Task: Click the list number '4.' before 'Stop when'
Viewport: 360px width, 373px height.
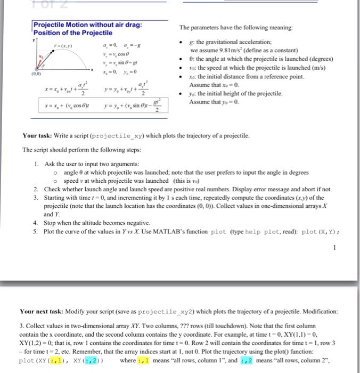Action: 35,223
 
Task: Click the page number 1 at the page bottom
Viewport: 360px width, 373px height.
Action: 333,247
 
